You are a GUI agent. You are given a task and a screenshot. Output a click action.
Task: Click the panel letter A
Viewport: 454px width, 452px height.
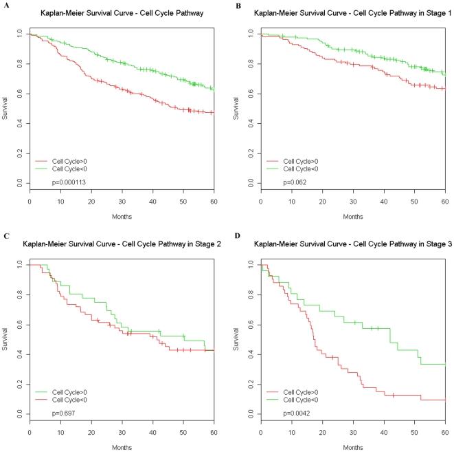(x=6, y=6)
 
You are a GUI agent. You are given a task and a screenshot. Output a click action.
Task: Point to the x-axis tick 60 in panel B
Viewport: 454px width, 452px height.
(x=445, y=201)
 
